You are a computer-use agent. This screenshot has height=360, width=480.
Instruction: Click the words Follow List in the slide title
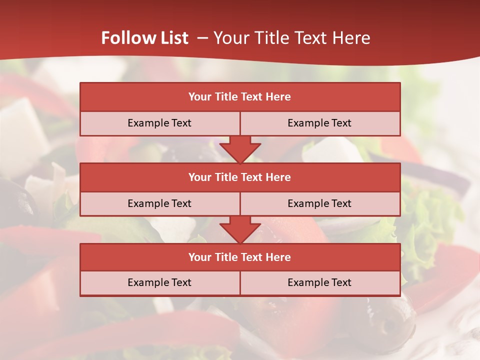[x=144, y=38]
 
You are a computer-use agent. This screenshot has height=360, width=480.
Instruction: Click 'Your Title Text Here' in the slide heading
[x=291, y=38]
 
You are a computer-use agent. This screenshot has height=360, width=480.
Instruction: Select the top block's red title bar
[x=240, y=97]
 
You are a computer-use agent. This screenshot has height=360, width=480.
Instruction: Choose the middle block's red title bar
[x=240, y=177]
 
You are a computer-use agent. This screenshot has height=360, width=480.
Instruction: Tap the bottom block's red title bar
[x=240, y=257]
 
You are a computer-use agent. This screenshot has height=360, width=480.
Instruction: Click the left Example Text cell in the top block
[x=159, y=123]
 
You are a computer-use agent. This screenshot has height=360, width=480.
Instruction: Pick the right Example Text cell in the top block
[x=319, y=123]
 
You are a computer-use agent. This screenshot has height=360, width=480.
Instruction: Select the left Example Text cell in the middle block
[x=159, y=203]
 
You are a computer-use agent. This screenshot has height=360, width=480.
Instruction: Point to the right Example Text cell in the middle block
[x=319, y=203]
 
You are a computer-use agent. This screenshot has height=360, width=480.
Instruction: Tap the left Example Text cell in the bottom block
[x=159, y=282]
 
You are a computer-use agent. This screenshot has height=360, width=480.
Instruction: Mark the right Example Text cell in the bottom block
[x=319, y=282]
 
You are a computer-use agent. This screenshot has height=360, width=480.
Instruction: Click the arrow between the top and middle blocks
[x=240, y=149]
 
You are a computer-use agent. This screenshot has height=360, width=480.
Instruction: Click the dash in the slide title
[x=202, y=38]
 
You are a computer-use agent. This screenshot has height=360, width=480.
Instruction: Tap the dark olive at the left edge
[x=15, y=200]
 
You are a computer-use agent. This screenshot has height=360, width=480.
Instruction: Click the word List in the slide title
[x=171, y=38]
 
